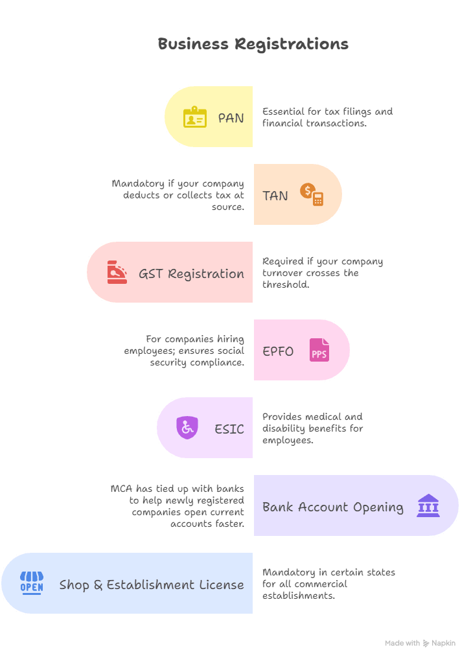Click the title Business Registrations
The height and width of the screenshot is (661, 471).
click(253, 44)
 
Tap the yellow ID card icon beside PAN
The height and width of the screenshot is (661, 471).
click(194, 117)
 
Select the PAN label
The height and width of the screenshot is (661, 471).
click(231, 118)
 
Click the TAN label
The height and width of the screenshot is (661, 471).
click(275, 196)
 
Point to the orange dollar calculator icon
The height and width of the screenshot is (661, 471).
click(312, 194)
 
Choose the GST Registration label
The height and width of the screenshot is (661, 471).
click(191, 273)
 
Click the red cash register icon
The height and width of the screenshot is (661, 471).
click(117, 272)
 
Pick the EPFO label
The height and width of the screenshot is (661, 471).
click(278, 351)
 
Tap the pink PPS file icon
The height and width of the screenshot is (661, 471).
click(319, 350)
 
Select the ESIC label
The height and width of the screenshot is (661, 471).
click(229, 429)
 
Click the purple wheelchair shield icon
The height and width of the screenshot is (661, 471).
click(187, 428)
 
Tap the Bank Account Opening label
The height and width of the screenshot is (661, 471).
click(332, 507)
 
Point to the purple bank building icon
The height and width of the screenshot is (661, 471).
click(428, 505)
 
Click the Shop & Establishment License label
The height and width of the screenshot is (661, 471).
click(152, 585)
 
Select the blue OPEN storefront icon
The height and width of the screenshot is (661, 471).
click(32, 583)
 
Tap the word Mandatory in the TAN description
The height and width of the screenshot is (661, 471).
click(133, 184)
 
